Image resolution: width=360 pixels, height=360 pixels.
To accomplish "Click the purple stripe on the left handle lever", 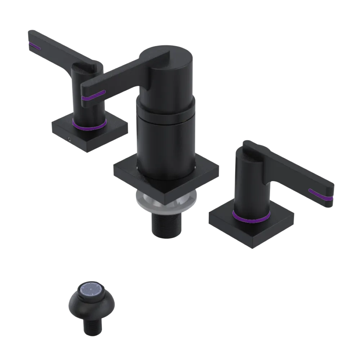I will [x=35, y=46].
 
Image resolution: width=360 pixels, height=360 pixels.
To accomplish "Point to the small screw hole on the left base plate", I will [x=68, y=138].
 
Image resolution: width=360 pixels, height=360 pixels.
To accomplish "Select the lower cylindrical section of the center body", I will [x=166, y=144].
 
